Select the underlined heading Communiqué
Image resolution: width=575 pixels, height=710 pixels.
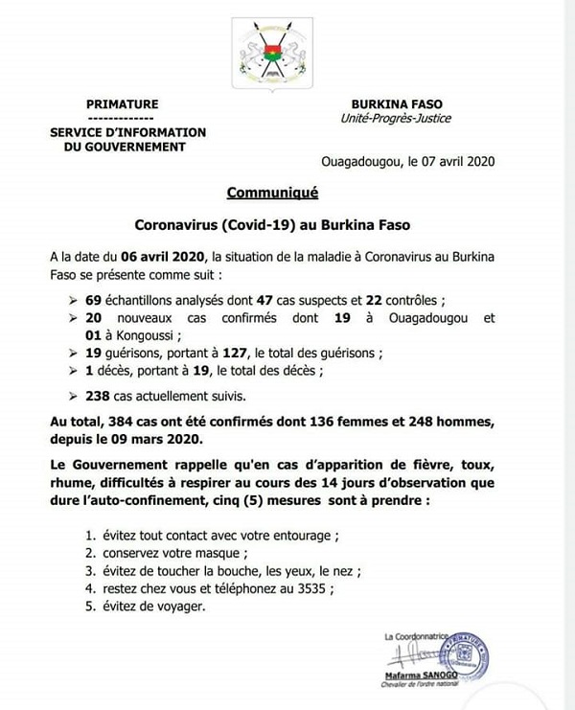click(272, 193)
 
